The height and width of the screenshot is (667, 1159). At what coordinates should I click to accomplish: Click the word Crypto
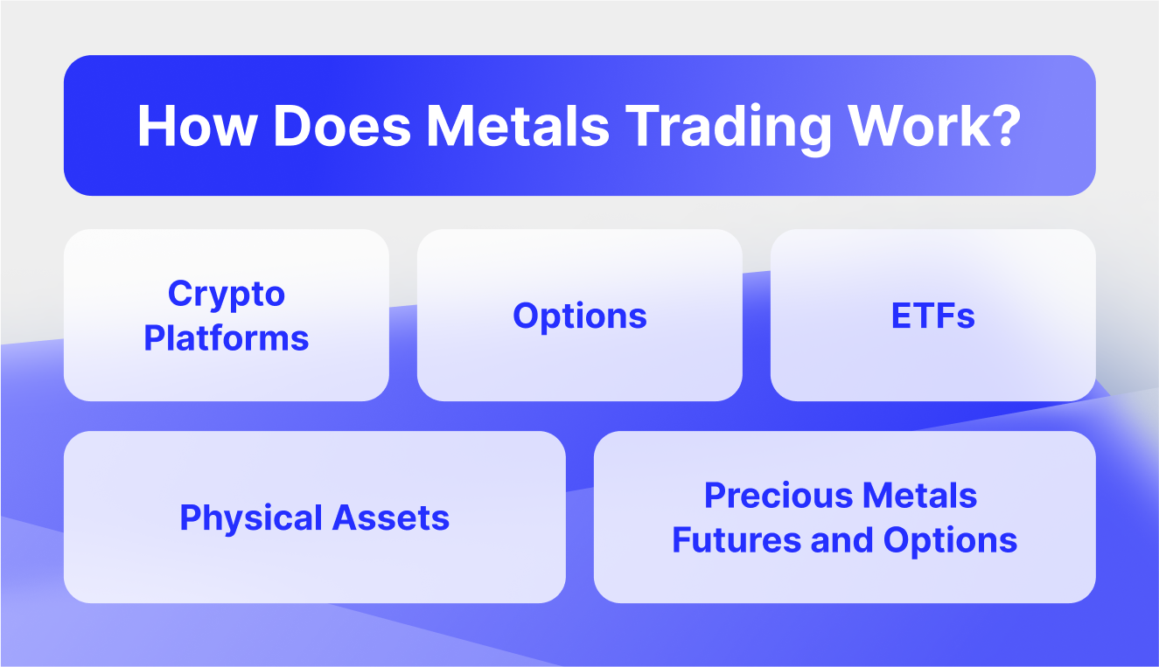pyautogui.click(x=227, y=294)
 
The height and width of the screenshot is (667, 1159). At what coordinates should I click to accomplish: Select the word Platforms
pyautogui.click(x=227, y=337)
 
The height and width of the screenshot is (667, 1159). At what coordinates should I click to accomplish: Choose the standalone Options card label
pyautogui.click(x=580, y=316)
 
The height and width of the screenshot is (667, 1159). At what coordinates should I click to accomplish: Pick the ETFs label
pyautogui.click(x=932, y=316)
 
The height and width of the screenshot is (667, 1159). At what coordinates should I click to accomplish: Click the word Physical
pyautogui.click(x=241, y=518)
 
